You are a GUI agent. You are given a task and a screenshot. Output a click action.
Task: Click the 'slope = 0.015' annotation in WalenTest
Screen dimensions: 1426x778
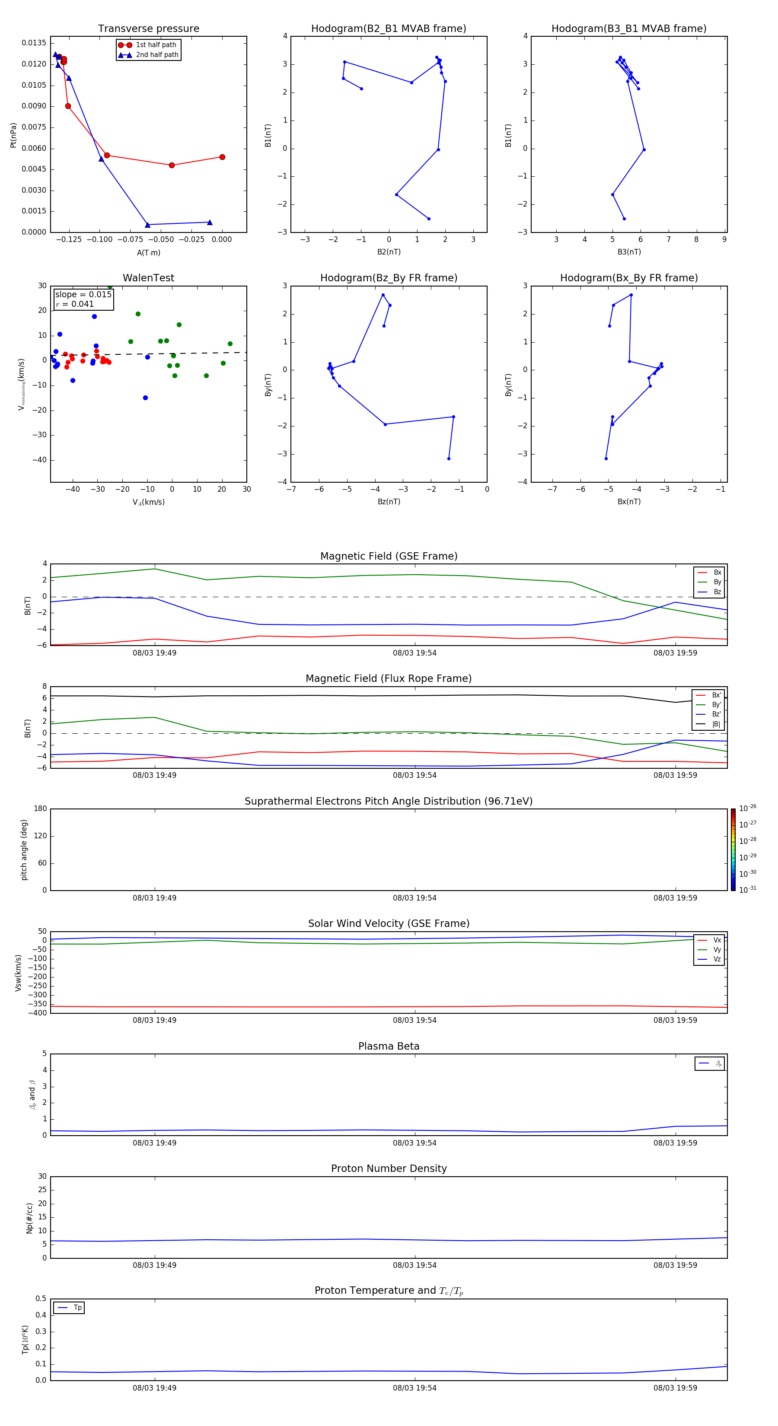click(83, 295)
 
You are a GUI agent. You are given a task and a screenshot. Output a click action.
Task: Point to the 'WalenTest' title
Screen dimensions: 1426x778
click(148, 278)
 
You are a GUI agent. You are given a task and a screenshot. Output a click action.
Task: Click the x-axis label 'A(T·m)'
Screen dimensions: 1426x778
click(148, 252)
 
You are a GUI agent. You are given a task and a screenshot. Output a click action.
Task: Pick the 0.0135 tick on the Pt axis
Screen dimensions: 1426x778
click(34, 43)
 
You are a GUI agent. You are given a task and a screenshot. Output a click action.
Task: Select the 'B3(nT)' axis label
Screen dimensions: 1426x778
click(629, 252)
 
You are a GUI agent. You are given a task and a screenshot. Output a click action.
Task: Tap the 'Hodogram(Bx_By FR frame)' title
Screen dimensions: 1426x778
click(628, 278)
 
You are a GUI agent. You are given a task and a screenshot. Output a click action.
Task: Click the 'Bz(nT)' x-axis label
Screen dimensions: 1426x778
click(389, 502)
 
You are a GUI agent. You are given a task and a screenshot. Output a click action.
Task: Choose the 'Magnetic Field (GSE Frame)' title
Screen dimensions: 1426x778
click(389, 556)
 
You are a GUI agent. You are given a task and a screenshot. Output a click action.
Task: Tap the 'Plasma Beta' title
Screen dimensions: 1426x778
click(389, 1046)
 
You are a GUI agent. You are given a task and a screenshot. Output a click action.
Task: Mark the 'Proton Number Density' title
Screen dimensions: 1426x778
click(389, 1168)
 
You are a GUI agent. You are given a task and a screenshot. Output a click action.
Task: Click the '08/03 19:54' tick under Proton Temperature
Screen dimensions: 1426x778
click(415, 1388)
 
